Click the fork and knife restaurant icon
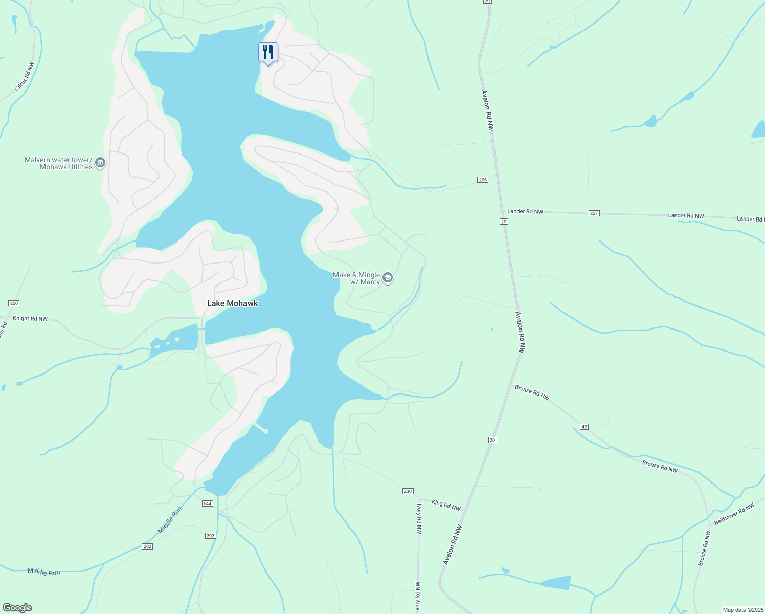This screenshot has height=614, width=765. pyautogui.click(x=268, y=52)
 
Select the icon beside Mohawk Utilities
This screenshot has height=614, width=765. pyautogui.click(x=100, y=163)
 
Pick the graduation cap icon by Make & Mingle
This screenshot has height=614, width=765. pyautogui.click(x=388, y=278)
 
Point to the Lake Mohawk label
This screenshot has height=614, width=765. pyautogui.click(x=232, y=303)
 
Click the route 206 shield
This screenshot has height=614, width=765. pyautogui.click(x=483, y=180)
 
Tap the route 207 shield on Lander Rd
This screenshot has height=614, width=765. pyautogui.click(x=594, y=213)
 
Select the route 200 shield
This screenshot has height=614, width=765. pyautogui.click(x=14, y=303)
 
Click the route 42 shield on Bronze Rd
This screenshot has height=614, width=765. pyautogui.click(x=584, y=427)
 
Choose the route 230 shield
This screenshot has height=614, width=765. pyautogui.click(x=408, y=491)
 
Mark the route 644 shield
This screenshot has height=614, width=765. pyautogui.click(x=207, y=503)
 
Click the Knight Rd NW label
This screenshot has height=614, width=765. pyautogui.click(x=30, y=319)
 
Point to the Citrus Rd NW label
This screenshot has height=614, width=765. pyautogui.click(x=25, y=77)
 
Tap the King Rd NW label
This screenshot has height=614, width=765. pyautogui.click(x=446, y=506)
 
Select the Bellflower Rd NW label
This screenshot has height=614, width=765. pyautogui.click(x=734, y=514)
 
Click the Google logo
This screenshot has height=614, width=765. pyautogui.click(x=17, y=608)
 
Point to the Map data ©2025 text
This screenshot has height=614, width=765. pyautogui.click(x=743, y=610)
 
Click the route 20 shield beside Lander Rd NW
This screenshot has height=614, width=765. pyautogui.click(x=504, y=222)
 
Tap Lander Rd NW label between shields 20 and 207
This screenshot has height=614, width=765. pyautogui.click(x=525, y=211)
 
